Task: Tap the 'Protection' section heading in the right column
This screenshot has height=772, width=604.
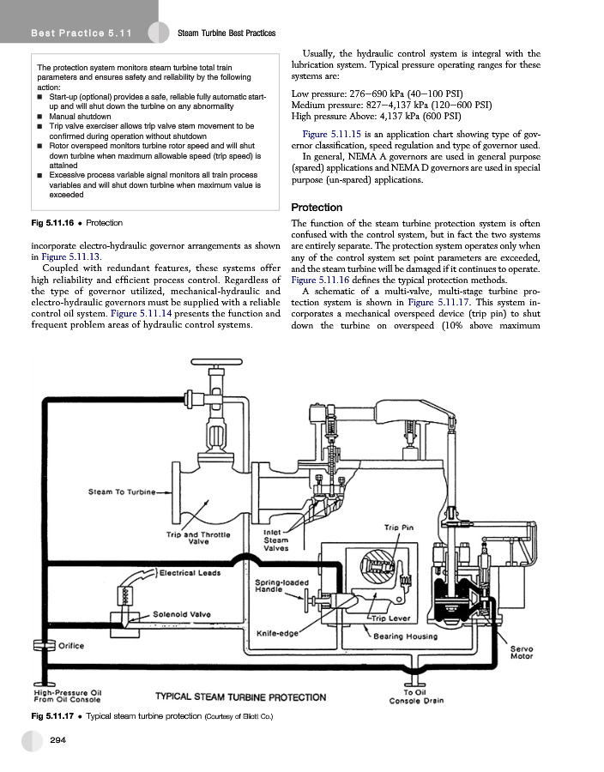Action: tap(317, 208)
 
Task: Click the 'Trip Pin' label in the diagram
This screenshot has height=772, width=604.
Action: tap(399, 527)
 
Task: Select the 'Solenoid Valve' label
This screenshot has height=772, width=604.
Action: tap(183, 612)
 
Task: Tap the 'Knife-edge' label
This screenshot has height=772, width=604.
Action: tap(278, 634)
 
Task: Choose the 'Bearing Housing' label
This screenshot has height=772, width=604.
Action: tap(406, 636)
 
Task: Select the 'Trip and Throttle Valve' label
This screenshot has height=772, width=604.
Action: tap(198, 537)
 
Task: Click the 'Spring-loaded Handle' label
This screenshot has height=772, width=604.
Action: tap(275, 588)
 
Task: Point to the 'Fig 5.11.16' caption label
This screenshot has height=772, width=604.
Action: tap(54, 223)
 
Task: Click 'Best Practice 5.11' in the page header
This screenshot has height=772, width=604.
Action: tap(69, 33)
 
